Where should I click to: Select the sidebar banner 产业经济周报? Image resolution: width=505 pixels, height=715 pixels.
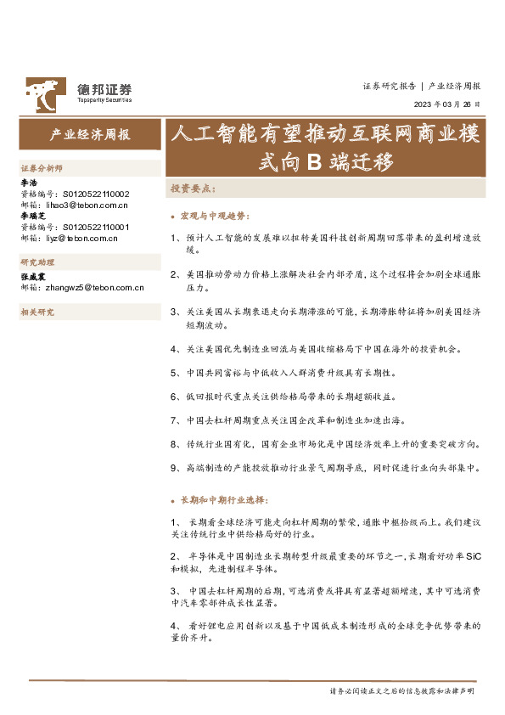(x=89, y=135)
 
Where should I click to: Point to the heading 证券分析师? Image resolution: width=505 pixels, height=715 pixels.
(x=42, y=170)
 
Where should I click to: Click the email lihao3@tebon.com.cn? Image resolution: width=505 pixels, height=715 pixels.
(x=84, y=205)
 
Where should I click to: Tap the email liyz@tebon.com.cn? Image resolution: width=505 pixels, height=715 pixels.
(x=81, y=238)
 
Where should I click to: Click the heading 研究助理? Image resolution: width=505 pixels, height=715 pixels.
(x=36, y=262)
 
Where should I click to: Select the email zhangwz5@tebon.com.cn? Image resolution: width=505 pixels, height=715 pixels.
(x=93, y=287)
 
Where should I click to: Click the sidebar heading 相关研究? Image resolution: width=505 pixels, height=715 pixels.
(x=36, y=312)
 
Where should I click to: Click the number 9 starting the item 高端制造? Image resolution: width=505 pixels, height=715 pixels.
(x=172, y=467)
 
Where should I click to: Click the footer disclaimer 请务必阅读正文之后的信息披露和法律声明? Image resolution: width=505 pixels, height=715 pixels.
(x=401, y=691)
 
